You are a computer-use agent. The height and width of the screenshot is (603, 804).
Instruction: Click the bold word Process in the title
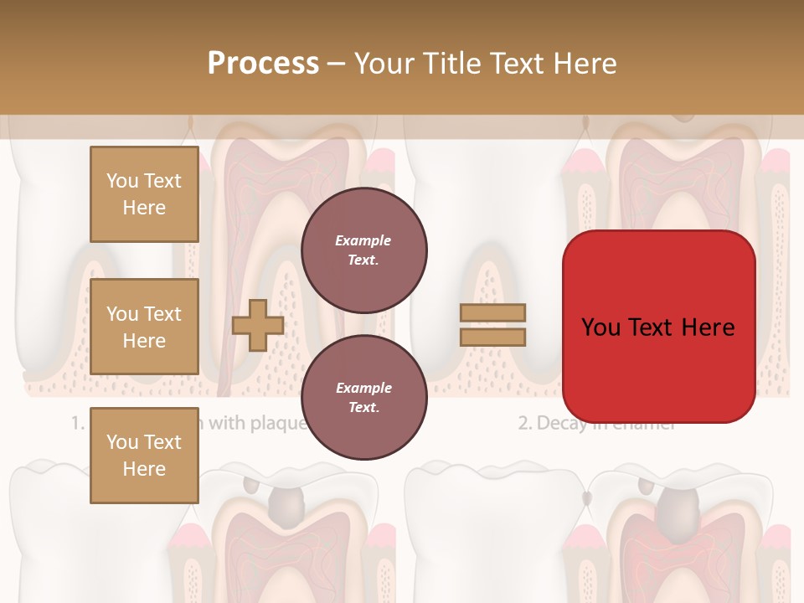point(263,64)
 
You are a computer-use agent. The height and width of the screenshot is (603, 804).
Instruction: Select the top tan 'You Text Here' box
point(144,194)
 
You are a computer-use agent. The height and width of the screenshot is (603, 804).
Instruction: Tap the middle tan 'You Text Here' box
point(144,327)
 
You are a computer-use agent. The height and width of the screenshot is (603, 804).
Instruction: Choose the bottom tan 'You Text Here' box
point(144,456)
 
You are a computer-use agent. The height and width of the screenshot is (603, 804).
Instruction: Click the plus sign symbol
point(257,326)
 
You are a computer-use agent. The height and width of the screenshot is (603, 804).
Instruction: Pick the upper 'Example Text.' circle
point(363,250)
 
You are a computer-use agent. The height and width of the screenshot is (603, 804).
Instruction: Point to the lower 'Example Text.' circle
point(363,397)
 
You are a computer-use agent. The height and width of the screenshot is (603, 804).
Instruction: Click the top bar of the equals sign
point(493,313)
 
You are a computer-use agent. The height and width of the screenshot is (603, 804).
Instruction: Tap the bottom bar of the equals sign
point(493,337)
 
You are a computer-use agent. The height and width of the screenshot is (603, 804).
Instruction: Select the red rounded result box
point(658,327)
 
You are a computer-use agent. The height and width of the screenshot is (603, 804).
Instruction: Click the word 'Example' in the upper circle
point(363,240)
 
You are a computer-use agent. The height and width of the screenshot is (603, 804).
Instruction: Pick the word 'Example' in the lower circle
point(363,388)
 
